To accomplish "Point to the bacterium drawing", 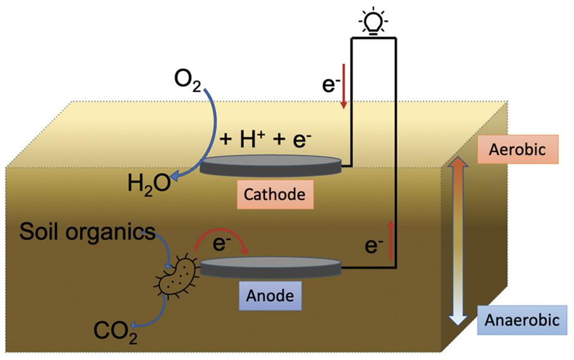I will [x=177, y=276].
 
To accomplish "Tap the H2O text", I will [x=148, y=182].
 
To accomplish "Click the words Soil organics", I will [x=86, y=231].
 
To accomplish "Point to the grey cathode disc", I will [x=271, y=165].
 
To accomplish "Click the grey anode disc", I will [x=270, y=267].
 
